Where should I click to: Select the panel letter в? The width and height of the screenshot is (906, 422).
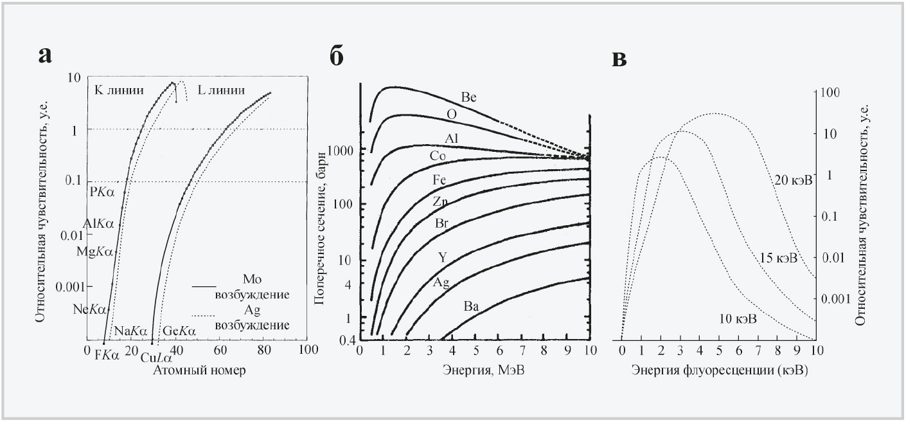tap(619, 57)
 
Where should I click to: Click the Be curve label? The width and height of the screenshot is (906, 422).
tap(468, 97)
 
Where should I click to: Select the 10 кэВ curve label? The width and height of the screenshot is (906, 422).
tap(738, 319)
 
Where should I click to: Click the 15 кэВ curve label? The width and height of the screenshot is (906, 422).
tap(778, 259)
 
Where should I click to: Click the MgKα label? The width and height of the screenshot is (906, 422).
tap(94, 252)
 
